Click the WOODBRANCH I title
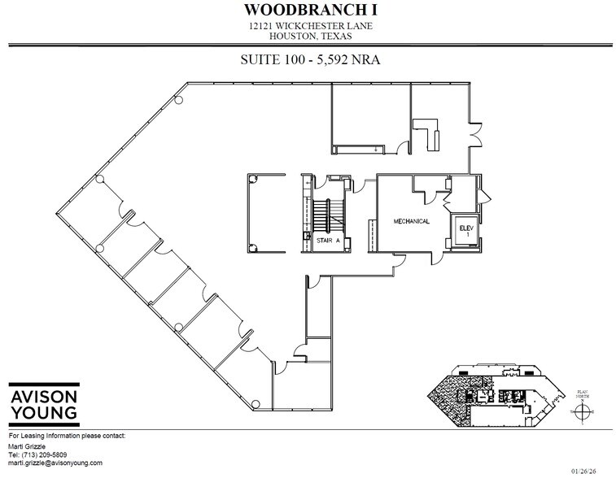[x=307, y=10]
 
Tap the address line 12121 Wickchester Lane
[x=307, y=26]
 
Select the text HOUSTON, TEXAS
[x=307, y=37]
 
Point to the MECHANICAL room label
[x=412, y=220]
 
